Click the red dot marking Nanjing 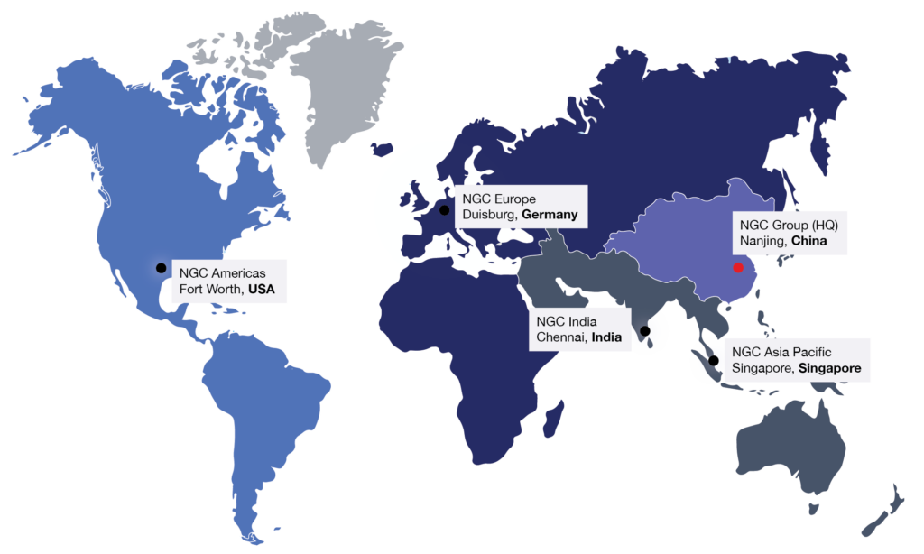tap(737, 267)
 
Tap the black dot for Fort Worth tap(161, 268)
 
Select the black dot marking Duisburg tap(444, 210)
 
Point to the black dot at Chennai tap(644, 330)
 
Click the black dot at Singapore tap(714, 361)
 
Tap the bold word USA tap(261, 291)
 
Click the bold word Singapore tap(829, 368)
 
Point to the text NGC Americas tap(217, 272)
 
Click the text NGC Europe tap(499, 198)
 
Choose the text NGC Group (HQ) tap(783, 224)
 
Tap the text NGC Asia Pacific tap(781, 351)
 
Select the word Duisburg tap(489, 216)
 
